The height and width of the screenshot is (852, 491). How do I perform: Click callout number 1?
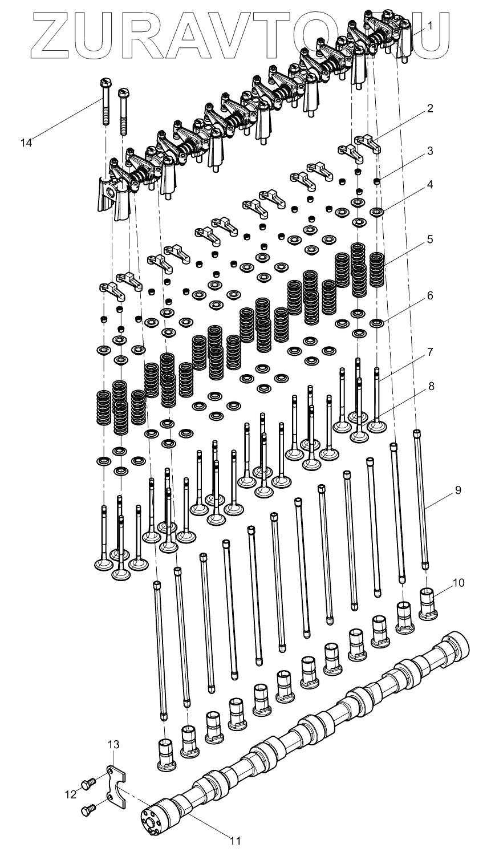430,25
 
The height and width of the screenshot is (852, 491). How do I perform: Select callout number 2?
430,108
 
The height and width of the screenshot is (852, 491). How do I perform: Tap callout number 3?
430,152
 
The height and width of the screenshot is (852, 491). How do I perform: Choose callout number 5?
430,239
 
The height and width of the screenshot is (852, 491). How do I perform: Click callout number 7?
430,352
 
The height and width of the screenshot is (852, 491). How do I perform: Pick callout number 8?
430,386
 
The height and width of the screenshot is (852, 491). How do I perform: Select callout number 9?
458,490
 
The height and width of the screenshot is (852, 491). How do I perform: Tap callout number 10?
458,582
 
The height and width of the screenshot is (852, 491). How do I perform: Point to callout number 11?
234,840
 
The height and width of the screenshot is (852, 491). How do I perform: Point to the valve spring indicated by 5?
377,270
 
